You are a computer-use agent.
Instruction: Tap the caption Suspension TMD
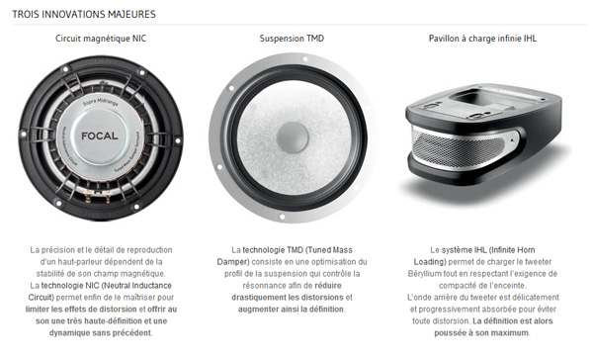click(294, 40)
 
